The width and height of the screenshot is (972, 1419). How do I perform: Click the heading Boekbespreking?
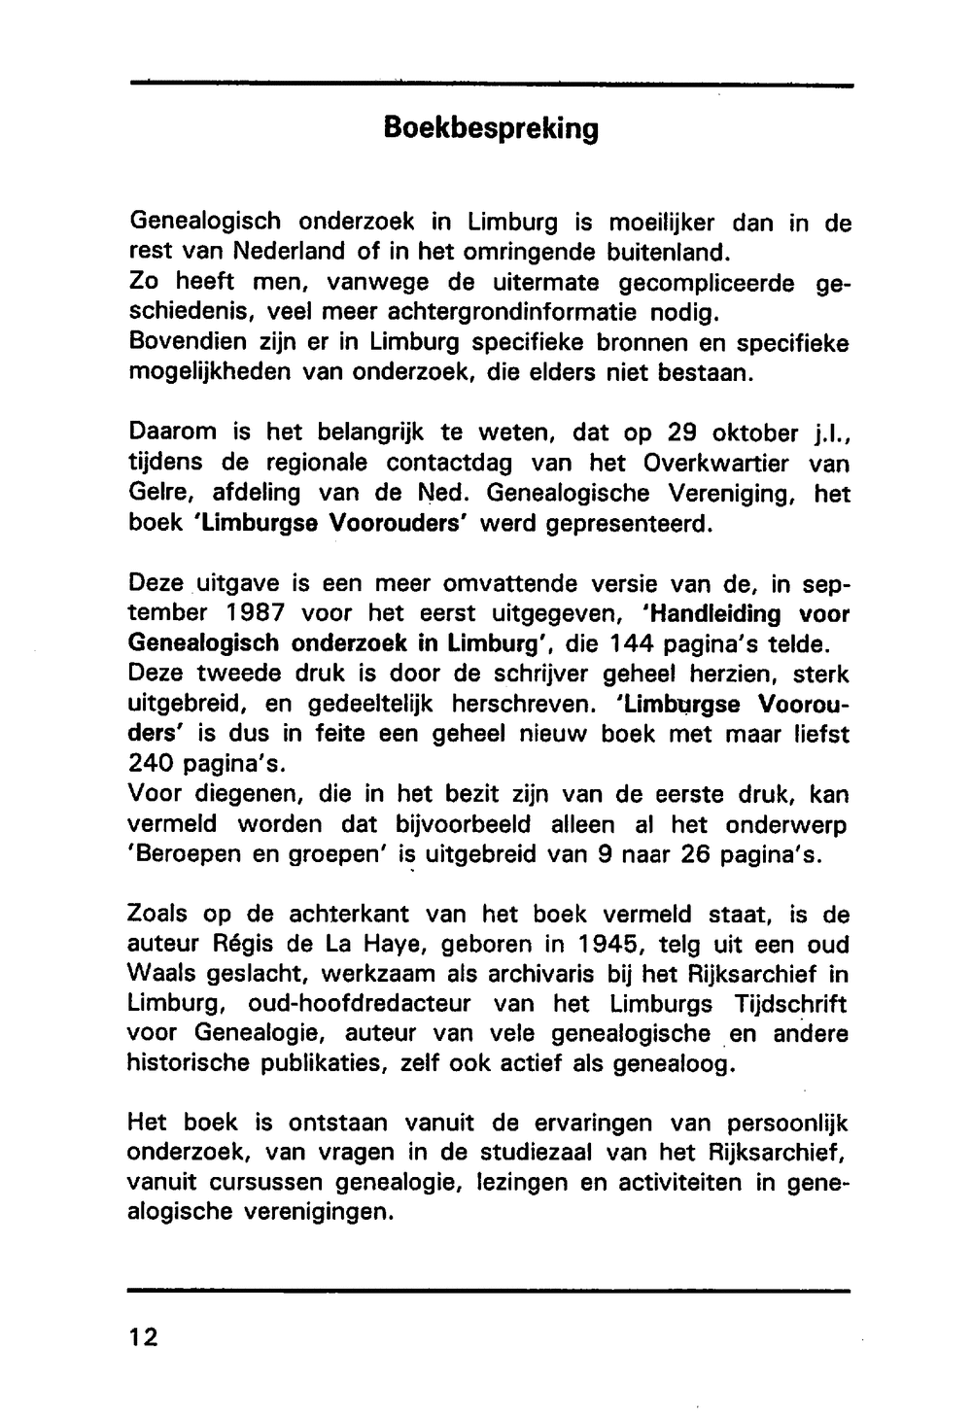point(490,128)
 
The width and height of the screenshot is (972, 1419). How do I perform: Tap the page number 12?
point(142,1337)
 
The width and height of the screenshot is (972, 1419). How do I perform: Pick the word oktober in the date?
point(712,433)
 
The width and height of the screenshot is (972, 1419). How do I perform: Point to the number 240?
point(156,764)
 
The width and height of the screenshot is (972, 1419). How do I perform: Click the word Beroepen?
point(185,855)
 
